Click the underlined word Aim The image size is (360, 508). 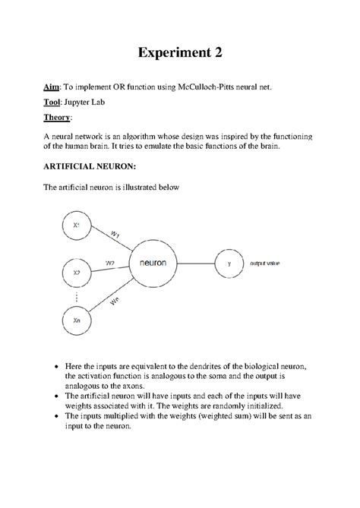click(50, 88)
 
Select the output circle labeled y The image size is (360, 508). click(229, 263)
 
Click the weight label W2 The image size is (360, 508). click(110, 263)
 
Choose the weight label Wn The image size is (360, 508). click(115, 301)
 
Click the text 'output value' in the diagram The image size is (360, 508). click(265, 263)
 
